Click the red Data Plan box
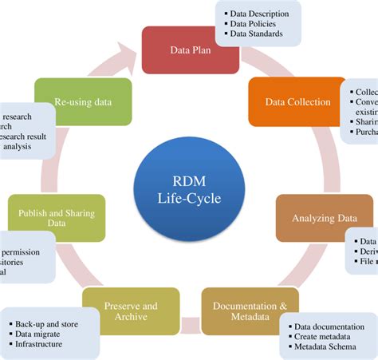point(189,49)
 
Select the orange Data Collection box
point(297,102)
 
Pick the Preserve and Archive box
point(131,311)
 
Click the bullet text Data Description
point(258,13)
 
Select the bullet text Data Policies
point(254,23)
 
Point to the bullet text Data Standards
point(257,34)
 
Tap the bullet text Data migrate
point(41,334)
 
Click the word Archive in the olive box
point(131,317)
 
